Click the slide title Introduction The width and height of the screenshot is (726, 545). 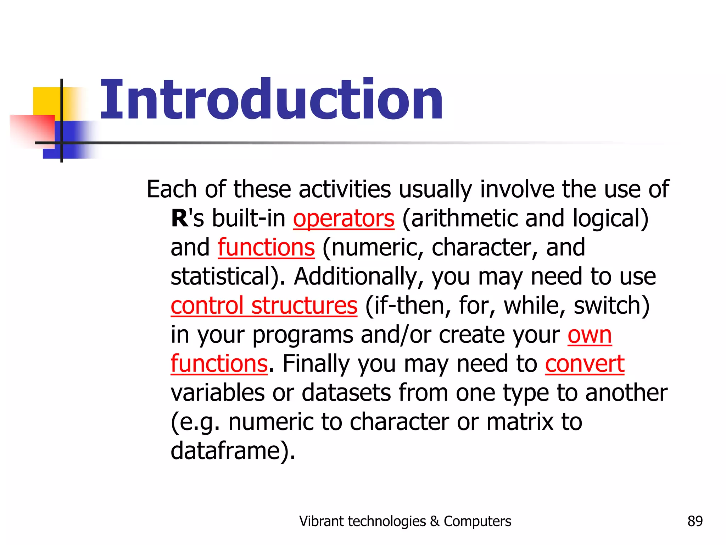tap(271, 100)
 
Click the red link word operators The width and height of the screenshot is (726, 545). tap(344, 218)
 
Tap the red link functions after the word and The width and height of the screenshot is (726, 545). tap(266, 247)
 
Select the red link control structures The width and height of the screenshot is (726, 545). tap(264, 305)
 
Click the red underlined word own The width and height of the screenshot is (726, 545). tap(590, 335)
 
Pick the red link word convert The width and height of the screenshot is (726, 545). tap(585, 364)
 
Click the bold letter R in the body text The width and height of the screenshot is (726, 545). tap(179, 218)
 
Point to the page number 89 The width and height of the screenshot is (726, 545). tap(695, 521)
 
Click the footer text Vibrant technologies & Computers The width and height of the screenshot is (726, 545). tap(405, 521)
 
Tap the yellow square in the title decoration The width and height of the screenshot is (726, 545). tap(46, 101)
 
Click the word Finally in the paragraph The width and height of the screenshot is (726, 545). tap(315, 364)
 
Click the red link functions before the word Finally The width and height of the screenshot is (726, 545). tap(219, 364)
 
